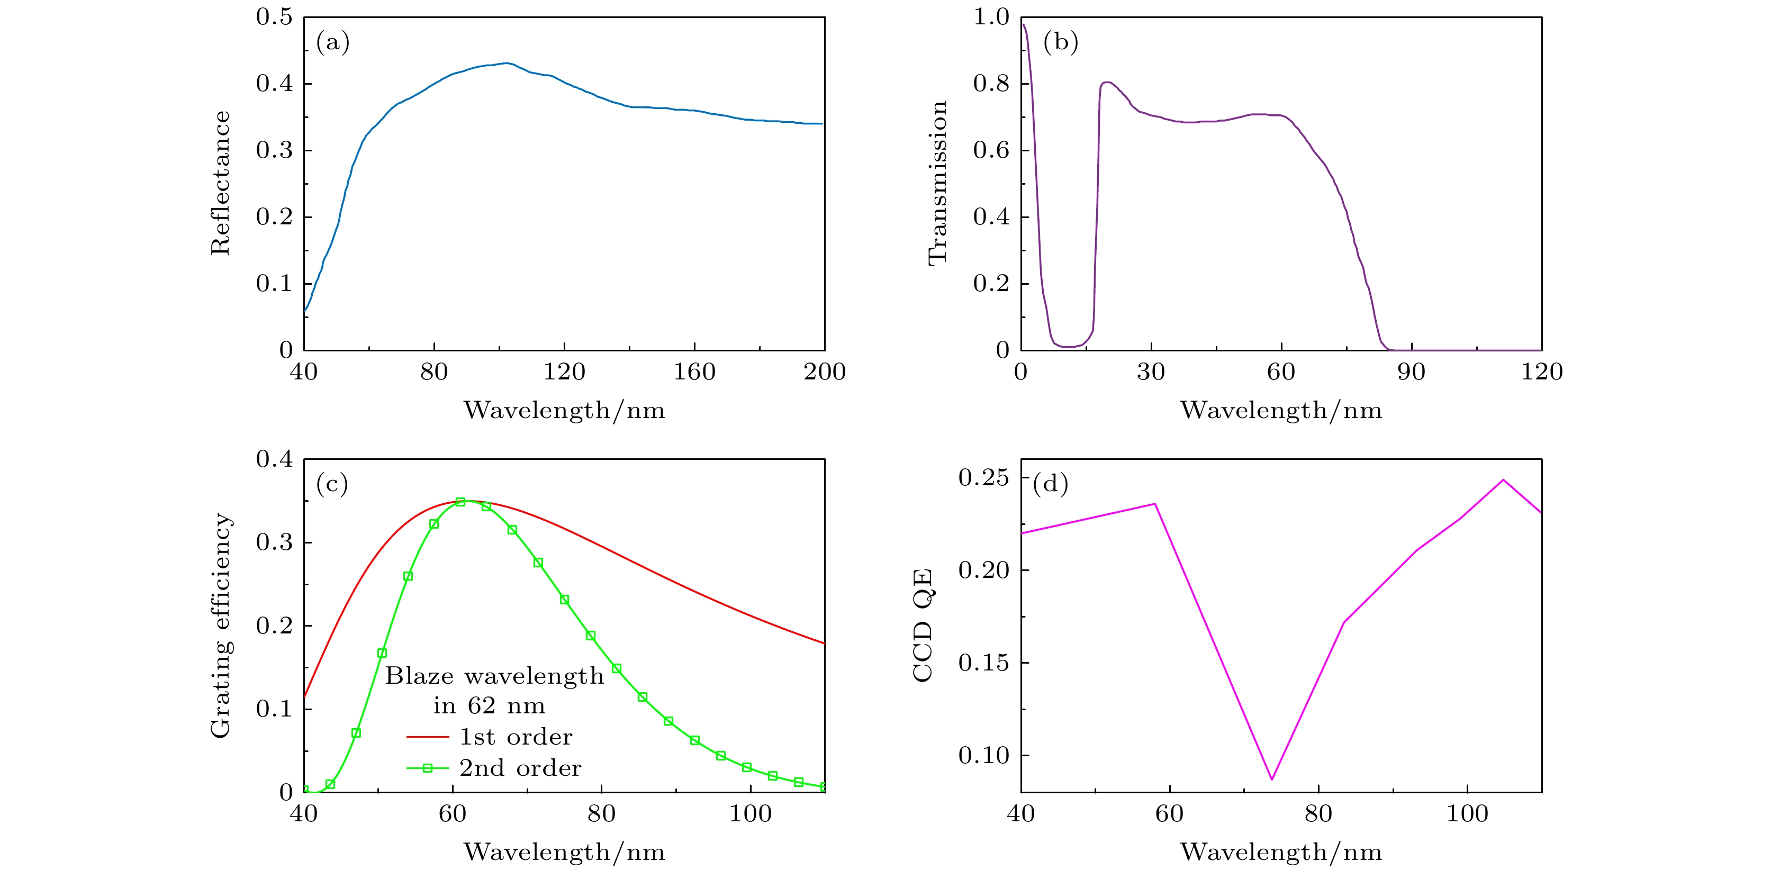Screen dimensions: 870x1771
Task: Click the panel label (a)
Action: click(x=333, y=43)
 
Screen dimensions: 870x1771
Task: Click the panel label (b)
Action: click(x=1060, y=43)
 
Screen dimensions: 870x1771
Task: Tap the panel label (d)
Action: click(x=1051, y=484)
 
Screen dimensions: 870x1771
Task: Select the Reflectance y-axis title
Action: click(x=221, y=184)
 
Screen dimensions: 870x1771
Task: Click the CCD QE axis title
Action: click(x=923, y=626)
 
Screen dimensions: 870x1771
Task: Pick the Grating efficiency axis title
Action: click(x=221, y=626)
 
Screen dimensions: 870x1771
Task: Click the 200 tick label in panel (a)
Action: click(x=824, y=373)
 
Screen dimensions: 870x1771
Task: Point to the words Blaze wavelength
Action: click(x=494, y=676)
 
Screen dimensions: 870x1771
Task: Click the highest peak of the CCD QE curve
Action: click(x=1504, y=479)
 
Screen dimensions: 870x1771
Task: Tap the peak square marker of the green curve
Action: click(x=460, y=502)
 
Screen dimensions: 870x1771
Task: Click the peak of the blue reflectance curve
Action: click(x=506, y=63)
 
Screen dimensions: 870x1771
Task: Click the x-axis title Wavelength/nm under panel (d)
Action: click(x=1281, y=852)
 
